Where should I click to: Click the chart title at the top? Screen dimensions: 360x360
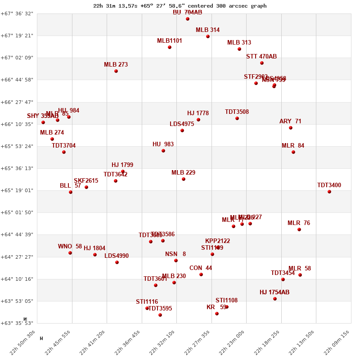pos(180,6)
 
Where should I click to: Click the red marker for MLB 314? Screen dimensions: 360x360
pos(208,36)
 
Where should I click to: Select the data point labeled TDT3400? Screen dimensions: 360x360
pos(329,192)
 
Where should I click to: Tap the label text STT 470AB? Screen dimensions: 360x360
pos(261,57)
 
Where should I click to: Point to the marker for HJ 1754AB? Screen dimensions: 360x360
pos(275,299)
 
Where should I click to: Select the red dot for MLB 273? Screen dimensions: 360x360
pos(116,71)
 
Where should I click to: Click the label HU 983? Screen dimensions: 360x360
pos(163,144)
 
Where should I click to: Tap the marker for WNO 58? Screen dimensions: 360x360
pos(70,253)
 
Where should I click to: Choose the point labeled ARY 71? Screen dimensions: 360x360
pos(291,128)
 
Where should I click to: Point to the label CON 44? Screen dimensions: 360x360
pos(201,268)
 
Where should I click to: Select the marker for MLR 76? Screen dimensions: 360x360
pos(299,229)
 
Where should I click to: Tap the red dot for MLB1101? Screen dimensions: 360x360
pos(170,47)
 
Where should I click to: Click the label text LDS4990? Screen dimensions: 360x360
pos(117,256)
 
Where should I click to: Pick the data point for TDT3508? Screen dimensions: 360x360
pos(237,118)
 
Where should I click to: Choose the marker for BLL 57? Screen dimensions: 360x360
pos(71,192)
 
